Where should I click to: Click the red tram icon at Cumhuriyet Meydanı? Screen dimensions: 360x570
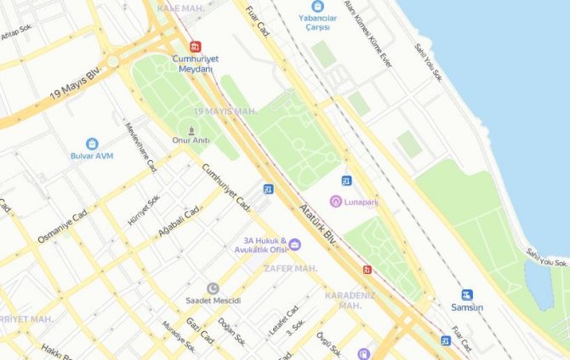click(197, 46)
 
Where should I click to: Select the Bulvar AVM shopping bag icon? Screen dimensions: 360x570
click(91, 144)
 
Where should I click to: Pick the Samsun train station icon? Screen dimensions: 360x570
click(467, 294)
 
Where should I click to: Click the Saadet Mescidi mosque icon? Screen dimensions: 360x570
click(213, 289)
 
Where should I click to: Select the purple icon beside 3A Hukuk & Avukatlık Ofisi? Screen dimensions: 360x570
click(294, 244)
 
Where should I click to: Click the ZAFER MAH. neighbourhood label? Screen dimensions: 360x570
click(290, 268)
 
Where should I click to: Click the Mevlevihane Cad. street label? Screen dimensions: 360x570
click(141, 147)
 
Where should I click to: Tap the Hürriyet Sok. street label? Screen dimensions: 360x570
click(144, 209)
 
